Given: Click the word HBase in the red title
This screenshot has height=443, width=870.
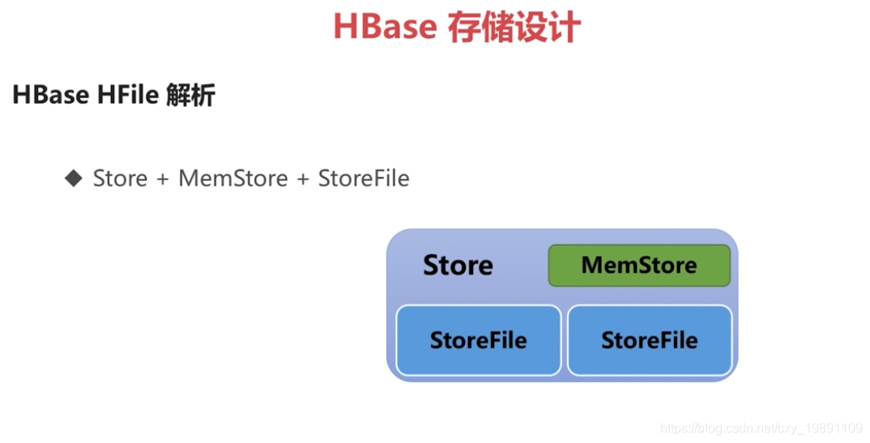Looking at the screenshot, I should click(385, 27).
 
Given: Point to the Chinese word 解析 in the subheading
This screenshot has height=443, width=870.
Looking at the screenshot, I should click(190, 96).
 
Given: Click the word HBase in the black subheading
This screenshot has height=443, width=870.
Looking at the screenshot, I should click(50, 96).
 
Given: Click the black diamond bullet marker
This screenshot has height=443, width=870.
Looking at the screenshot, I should click(74, 177).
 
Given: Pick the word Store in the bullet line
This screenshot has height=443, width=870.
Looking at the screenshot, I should click(120, 178).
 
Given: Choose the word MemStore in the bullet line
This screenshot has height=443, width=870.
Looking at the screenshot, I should click(233, 178).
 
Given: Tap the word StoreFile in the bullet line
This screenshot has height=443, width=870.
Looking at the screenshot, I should click(364, 178).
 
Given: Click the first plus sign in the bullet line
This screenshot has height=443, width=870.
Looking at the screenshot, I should click(163, 179).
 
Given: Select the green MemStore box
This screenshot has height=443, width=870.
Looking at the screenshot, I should click(639, 266).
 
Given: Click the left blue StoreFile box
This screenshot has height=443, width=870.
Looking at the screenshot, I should click(478, 340).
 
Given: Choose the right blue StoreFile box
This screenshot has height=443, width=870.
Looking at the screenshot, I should click(650, 340).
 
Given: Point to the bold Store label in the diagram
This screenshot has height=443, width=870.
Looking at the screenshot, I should click(458, 266).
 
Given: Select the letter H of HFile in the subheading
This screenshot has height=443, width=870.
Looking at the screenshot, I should click(104, 96).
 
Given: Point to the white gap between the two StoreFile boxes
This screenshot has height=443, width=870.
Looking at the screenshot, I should click(564, 340).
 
